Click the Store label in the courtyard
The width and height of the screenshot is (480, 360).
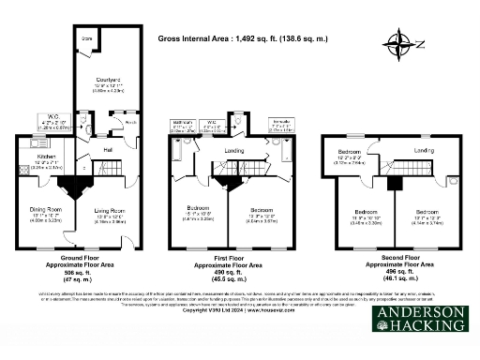pos(86,38)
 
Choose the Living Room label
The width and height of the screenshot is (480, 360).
pos(111,211)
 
